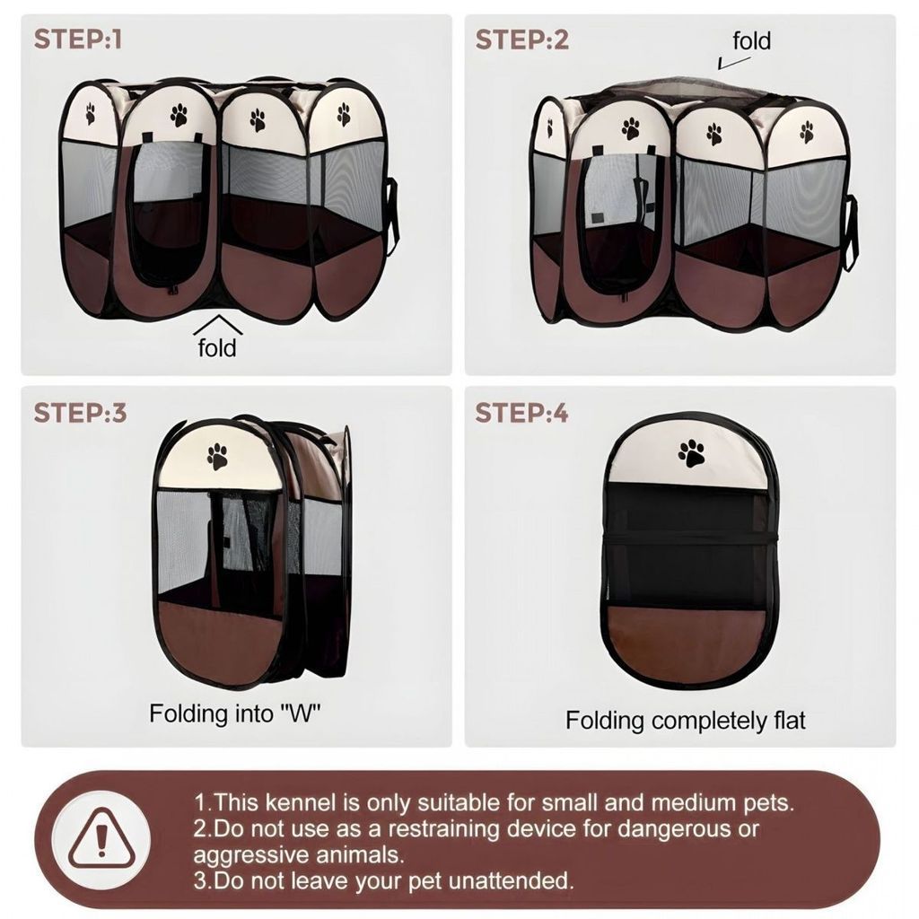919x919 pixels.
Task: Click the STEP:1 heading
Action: pyautogui.click(x=78, y=39)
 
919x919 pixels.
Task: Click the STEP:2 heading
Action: pyautogui.click(x=521, y=39)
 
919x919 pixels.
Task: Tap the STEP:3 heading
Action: pyautogui.click(x=80, y=413)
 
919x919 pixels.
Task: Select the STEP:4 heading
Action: pyautogui.click(x=521, y=413)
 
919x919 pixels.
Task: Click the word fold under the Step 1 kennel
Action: pyautogui.click(x=217, y=347)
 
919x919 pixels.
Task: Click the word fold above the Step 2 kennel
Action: pyautogui.click(x=751, y=41)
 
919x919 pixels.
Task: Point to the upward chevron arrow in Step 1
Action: pyautogui.click(x=217, y=324)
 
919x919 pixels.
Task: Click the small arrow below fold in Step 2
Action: pyautogui.click(x=733, y=63)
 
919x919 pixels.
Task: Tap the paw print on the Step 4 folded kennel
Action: pyautogui.click(x=692, y=453)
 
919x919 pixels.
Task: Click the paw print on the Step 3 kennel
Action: pyautogui.click(x=217, y=457)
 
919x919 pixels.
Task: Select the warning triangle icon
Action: pyautogui.click(x=101, y=839)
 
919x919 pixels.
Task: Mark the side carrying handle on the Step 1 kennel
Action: pyautogui.click(x=392, y=217)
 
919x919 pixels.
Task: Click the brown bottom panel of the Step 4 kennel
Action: pyautogui.click(x=687, y=643)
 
